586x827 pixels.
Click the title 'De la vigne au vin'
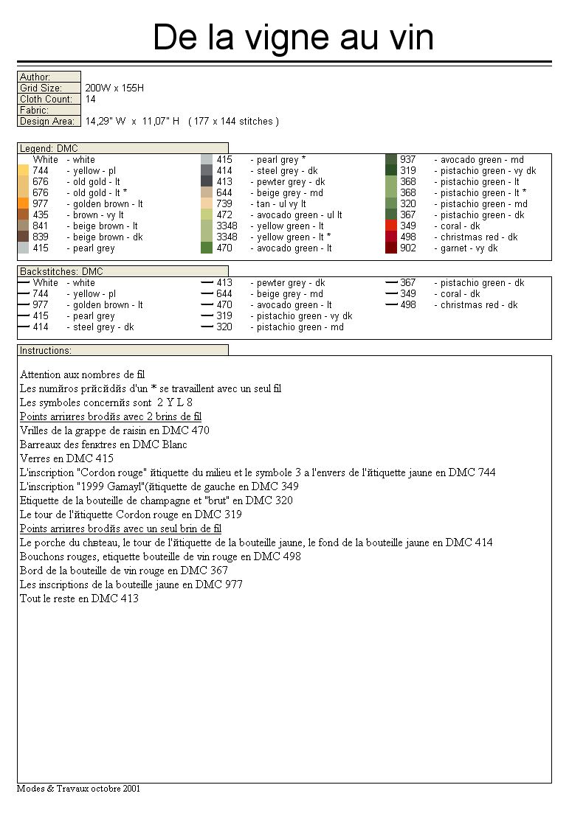coord(293,37)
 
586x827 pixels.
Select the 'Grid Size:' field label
coord(41,88)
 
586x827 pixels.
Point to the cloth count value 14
coord(90,99)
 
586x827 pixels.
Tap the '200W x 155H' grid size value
coord(114,88)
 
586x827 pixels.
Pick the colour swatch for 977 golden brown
coord(24,203)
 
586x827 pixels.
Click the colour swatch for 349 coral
coord(391,226)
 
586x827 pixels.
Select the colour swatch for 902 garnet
coord(391,248)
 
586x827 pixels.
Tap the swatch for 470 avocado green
coord(207,248)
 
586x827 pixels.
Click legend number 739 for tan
coord(224,203)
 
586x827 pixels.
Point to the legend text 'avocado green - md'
coord(482,159)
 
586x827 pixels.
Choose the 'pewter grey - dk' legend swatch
coord(207,181)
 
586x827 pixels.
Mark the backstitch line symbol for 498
coord(391,304)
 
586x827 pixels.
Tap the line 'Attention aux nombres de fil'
coord(83,374)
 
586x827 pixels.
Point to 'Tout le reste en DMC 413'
coord(79,599)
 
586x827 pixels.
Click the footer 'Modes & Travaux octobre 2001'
coord(79,788)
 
